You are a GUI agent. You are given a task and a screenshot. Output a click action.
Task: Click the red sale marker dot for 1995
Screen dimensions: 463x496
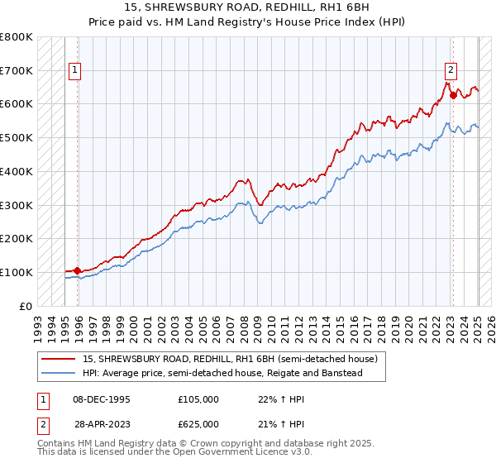78,270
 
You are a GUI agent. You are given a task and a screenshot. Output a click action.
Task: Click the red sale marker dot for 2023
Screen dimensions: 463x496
453,95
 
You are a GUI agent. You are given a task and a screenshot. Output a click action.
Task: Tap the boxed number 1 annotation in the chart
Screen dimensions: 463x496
74,70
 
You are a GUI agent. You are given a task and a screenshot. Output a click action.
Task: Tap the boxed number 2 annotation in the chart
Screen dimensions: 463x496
451,70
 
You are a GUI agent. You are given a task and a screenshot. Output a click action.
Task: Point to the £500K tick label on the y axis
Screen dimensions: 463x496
17,137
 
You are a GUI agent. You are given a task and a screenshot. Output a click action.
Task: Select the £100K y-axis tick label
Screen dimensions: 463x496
17,272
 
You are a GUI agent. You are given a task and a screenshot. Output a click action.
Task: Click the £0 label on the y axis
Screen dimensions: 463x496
26,306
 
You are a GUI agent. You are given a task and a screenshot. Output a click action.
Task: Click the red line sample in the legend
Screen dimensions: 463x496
59,359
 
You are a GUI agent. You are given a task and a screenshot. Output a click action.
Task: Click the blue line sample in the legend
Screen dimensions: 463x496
59,373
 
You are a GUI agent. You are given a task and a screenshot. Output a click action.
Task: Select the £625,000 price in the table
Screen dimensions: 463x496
198,423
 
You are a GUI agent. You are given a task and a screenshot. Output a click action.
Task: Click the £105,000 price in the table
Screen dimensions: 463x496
198,399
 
